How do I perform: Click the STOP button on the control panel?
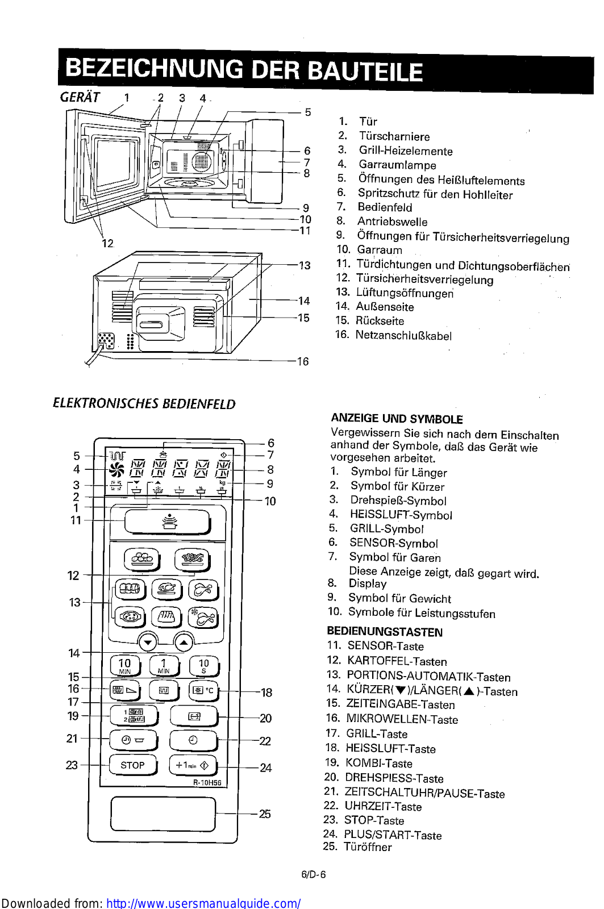coord(132,765)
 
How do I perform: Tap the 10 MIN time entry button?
coord(124,665)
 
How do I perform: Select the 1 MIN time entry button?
coord(164,665)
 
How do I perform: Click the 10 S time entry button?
coord(203,665)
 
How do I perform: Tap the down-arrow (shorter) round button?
coord(148,643)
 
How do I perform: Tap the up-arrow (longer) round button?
coord(184,643)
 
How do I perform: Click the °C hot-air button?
coord(203,690)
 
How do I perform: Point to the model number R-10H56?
coord(207,782)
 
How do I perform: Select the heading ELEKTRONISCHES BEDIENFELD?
coord(144,404)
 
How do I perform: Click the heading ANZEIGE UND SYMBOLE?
coord(397,419)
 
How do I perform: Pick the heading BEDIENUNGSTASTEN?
coord(385,632)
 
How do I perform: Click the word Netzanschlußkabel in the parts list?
coord(403,335)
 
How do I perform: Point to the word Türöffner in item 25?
coord(368,847)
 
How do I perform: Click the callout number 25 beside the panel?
coord(265,814)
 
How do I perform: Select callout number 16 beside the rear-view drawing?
coord(303,361)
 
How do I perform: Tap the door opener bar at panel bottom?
coord(163,813)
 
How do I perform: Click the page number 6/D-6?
coord(313,874)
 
